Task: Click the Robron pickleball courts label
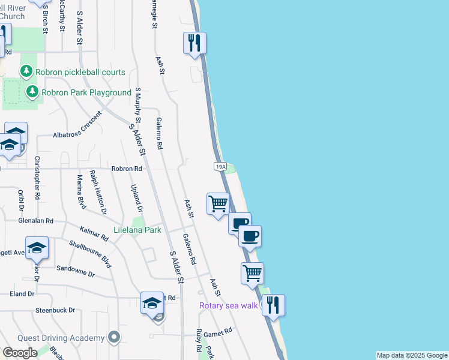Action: pyautogui.click(x=80, y=72)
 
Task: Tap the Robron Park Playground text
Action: pyautogui.click(x=86, y=92)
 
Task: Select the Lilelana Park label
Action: pyautogui.click(x=137, y=230)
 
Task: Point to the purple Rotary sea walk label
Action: pyautogui.click(x=229, y=306)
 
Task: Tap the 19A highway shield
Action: pyautogui.click(x=220, y=167)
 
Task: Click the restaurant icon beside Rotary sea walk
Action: pyautogui.click(x=273, y=305)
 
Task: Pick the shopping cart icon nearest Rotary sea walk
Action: pyautogui.click(x=253, y=273)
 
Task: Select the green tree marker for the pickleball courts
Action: pyautogui.click(x=26, y=72)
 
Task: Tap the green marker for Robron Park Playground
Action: pyautogui.click(x=32, y=92)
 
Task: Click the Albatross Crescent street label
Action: pyautogui.click(x=78, y=135)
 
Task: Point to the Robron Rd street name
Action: pyautogui.click(x=126, y=169)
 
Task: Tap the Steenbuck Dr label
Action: pyautogui.click(x=55, y=310)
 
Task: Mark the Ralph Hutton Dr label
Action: pyautogui.click(x=98, y=192)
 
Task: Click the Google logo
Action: pyautogui.click(x=20, y=353)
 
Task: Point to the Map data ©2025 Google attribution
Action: pyautogui.click(x=412, y=355)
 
